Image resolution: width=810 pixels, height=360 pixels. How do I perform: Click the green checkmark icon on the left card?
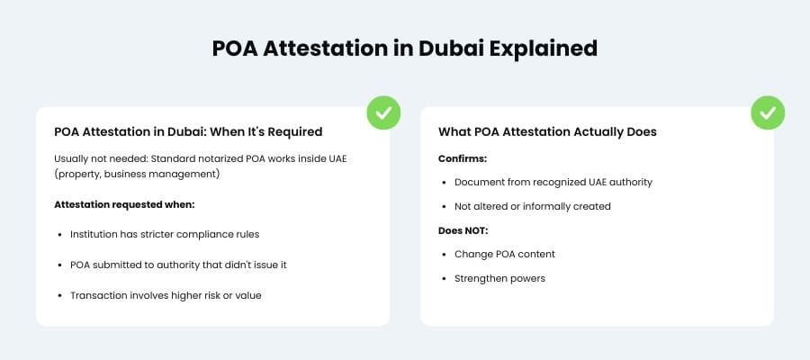click(383, 112)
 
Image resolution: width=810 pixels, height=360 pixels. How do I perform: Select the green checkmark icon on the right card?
click(768, 112)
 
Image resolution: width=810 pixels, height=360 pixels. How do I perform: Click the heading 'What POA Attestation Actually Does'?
click(547, 131)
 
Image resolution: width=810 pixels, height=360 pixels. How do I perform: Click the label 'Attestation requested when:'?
click(119, 204)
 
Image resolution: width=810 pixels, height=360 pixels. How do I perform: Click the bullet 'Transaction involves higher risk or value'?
click(166, 295)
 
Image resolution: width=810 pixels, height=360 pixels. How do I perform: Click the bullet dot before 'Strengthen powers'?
click(446, 279)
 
